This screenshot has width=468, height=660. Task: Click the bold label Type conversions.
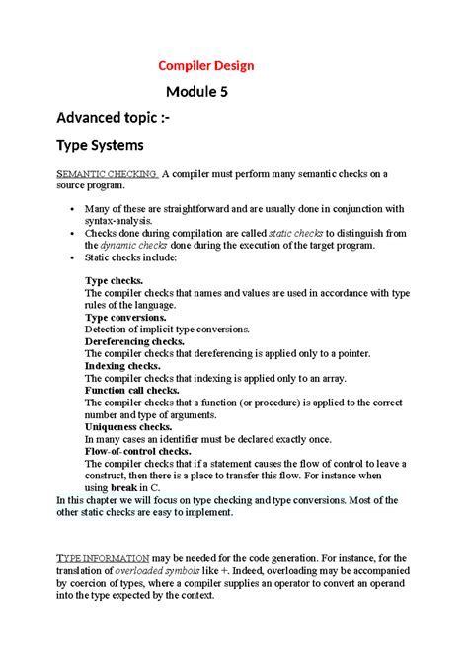tap(125, 317)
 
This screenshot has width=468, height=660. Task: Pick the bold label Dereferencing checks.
tap(135, 341)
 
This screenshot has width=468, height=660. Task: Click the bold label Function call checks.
tap(131, 389)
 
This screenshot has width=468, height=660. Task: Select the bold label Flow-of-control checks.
tap(137, 451)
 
